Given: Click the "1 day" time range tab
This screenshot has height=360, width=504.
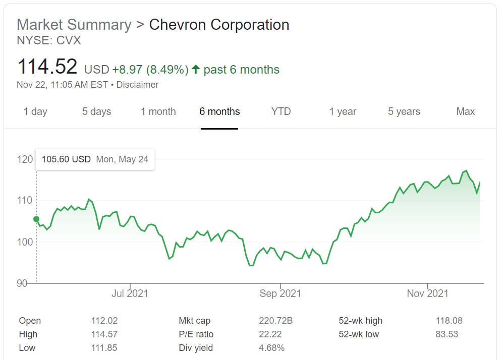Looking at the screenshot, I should pos(35,112).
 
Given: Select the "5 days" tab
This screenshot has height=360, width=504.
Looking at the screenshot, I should pos(96,112).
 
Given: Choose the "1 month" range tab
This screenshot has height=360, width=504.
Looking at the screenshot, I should pos(158,112).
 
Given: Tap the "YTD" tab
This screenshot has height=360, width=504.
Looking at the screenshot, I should pos(281,112).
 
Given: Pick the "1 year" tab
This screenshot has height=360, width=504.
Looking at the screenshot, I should pos(343,112).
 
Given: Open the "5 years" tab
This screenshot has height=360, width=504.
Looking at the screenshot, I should pos(404,112).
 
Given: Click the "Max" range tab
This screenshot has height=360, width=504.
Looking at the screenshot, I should pos(465,112).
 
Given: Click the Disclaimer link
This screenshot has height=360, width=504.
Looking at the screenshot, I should pos(137,85).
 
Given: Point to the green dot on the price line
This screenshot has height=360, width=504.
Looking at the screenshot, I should pos(36,219).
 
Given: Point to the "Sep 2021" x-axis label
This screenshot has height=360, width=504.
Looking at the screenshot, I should pos(280,293).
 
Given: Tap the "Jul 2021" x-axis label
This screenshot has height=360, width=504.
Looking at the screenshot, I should pos(130,293).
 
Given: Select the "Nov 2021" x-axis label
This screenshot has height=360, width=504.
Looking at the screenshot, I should pos(427,293).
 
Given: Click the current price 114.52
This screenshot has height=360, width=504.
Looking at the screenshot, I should pos(47,67).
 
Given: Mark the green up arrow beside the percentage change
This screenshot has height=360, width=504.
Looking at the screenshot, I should pos(196,70).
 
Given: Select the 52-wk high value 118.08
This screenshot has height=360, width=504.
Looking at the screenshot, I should pos(449,321).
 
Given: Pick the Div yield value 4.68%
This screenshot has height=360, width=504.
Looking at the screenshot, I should pos(271,348).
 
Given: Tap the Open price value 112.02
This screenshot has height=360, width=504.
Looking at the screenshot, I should pos(104,321).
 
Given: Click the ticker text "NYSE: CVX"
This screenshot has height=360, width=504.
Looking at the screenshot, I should pos(49,41).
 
